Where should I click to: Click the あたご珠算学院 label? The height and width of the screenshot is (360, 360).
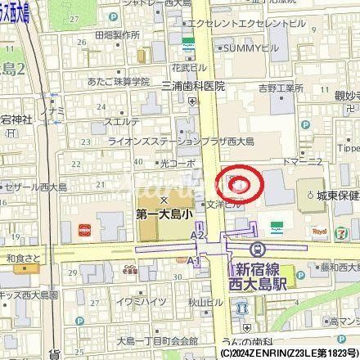[x=111, y=82]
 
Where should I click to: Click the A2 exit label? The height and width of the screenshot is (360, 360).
[x=196, y=234]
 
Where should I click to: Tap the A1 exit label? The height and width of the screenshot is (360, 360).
[x=195, y=259]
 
